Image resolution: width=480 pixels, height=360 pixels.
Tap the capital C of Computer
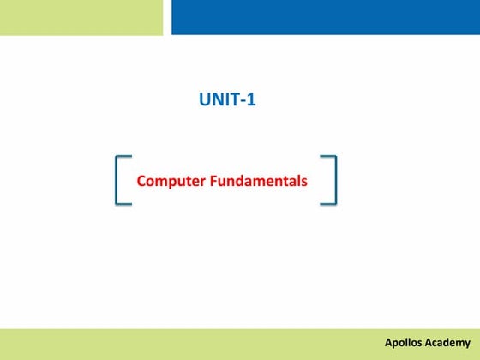[x=141, y=182]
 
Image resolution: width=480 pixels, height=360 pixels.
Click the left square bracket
[x=117, y=180]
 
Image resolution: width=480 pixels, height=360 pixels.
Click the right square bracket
[x=333, y=180]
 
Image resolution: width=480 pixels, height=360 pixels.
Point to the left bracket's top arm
[x=123, y=157]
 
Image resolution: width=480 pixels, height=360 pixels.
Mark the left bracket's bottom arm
[x=123, y=204]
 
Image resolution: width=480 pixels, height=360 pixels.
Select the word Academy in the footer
[x=448, y=343]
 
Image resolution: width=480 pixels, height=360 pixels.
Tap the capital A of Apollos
[x=387, y=343]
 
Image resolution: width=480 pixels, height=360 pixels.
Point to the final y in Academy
[x=467, y=345]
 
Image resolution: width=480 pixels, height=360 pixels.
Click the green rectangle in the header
[x=81, y=17]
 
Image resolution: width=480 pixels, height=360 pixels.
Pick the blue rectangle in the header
[x=326, y=17]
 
